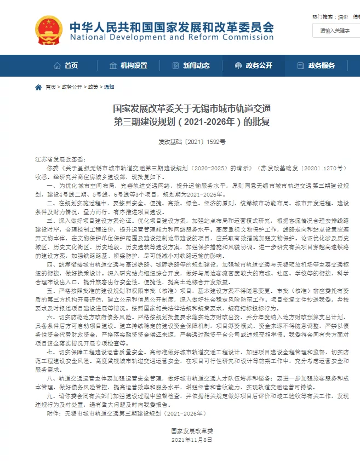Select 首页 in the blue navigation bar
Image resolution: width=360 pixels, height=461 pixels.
point(71,66)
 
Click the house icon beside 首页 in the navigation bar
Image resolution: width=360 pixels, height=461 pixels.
point(57,66)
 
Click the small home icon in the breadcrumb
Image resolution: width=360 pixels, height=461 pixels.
point(38,87)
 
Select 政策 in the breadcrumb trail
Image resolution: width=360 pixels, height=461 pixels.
point(93,87)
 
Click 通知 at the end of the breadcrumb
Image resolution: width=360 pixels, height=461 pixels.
point(110,87)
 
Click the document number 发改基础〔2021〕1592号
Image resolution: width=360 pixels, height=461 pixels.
point(181,141)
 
